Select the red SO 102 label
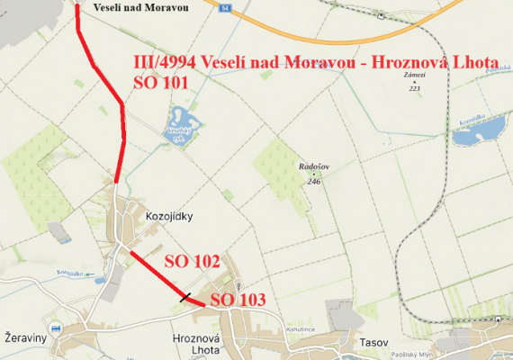pos(192,262)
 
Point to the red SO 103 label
pos(238,299)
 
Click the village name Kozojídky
pos(169,216)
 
